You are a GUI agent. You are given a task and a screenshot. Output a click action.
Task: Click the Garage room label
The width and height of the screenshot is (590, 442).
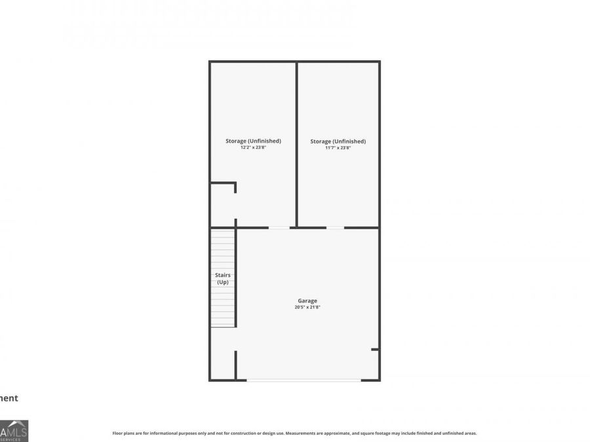307,301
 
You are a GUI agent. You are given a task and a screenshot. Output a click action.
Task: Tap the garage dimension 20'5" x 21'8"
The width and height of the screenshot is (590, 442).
307,307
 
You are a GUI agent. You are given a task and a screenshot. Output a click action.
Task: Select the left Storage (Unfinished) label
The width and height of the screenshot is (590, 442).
253,141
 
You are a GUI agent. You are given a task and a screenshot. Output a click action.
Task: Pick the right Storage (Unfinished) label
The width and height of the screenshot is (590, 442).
338,141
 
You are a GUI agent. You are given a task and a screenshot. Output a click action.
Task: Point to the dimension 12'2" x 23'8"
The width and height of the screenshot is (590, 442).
253,147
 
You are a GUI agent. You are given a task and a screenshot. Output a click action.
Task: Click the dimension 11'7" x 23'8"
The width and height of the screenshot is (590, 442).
338,148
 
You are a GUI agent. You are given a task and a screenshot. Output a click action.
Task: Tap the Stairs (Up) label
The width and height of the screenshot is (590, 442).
223,278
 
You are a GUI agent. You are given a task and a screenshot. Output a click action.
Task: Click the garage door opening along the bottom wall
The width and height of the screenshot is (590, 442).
303,380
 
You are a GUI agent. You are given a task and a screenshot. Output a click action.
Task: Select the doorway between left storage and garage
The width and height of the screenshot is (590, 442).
279,228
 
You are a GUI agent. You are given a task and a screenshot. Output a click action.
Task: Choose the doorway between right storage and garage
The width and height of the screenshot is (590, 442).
335,228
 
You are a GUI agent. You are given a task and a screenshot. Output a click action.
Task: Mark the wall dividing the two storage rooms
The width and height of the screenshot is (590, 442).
296,144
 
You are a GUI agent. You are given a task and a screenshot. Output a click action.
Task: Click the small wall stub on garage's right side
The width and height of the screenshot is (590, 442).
375,350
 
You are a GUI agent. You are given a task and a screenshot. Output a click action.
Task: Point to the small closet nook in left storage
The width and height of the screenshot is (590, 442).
222,205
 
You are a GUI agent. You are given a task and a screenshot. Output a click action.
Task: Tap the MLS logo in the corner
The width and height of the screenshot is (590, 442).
14,431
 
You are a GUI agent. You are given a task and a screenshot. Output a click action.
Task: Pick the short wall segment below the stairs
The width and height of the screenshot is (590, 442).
235,365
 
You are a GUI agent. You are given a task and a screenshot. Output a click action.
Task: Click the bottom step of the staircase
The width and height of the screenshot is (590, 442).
223,323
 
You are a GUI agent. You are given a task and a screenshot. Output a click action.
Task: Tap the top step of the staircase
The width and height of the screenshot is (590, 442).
223,231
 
